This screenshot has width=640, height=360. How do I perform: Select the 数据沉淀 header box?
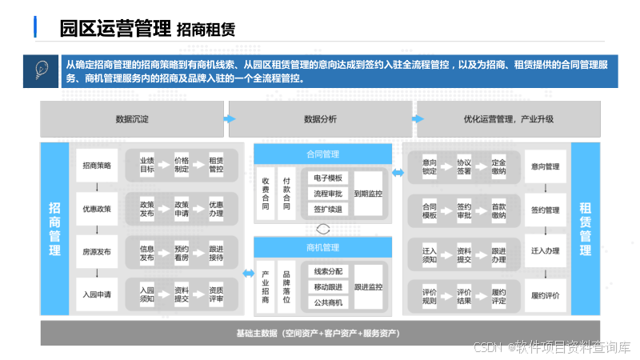(x=132, y=119)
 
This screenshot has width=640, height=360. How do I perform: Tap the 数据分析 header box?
(x=320, y=119)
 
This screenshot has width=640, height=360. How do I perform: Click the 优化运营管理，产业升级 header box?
(x=508, y=119)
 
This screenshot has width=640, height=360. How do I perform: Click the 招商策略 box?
(x=97, y=166)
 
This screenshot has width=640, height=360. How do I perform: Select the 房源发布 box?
(x=97, y=251)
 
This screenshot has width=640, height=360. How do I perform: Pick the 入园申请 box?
(x=97, y=294)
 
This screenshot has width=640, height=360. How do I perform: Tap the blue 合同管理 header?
(x=322, y=154)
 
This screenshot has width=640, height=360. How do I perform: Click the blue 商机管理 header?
(x=322, y=247)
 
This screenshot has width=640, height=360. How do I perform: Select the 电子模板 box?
(x=327, y=178)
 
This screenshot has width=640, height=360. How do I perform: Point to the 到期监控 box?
(x=368, y=194)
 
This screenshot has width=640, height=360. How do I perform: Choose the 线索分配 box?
(x=327, y=271)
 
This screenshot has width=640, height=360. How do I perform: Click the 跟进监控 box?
(x=368, y=286)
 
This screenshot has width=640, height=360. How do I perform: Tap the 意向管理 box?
(x=545, y=166)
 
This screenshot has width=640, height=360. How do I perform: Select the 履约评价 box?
(x=545, y=294)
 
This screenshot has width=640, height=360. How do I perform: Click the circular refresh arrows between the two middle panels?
(x=322, y=228)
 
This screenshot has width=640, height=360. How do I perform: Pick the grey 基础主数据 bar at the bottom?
(x=320, y=333)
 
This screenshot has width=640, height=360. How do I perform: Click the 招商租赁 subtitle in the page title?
(x=206, y=30)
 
